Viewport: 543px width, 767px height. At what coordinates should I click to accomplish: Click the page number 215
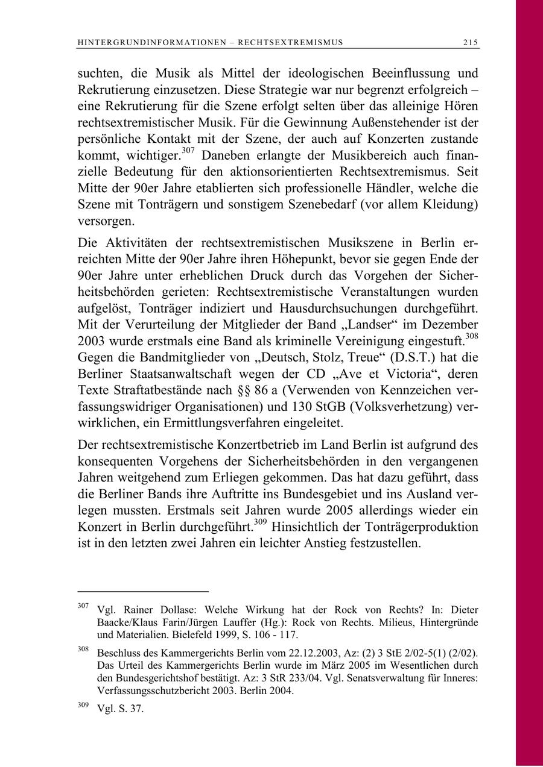pos(471,42)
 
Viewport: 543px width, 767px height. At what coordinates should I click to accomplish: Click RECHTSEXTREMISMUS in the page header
pos(291,42)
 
